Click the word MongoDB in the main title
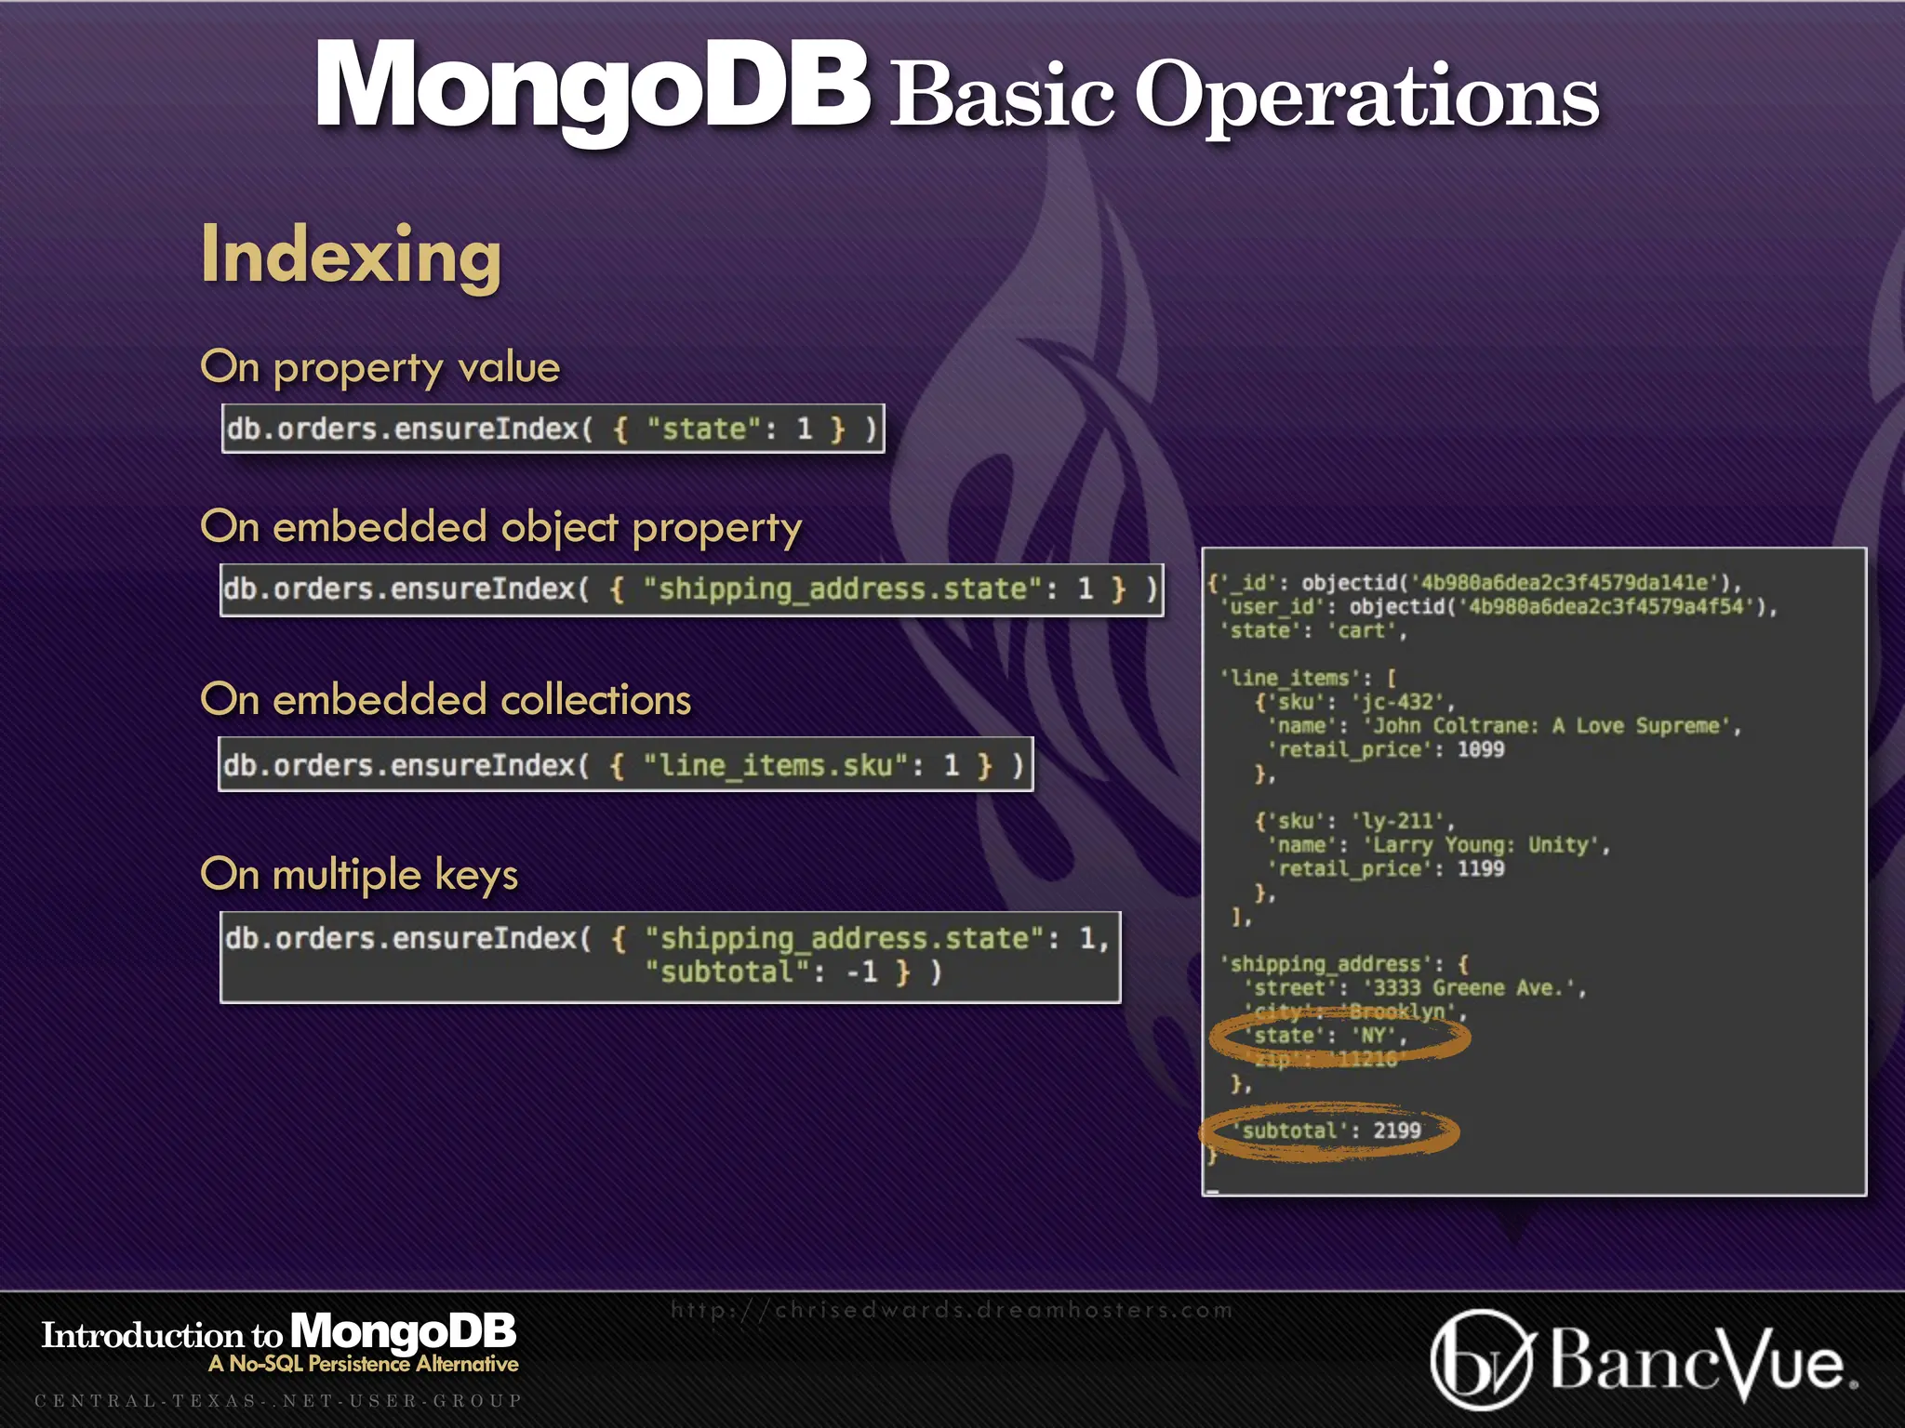point(592,86)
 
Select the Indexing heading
point(351,255)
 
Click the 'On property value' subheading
point(380,367)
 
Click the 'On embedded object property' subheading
point(500,527)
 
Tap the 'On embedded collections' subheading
point(446,700)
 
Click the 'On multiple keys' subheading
point(359,875)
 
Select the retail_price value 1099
point(1480,749)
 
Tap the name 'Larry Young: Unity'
point(1485,845)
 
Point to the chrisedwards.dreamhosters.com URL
point(952,1310)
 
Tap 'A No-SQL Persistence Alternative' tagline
point(364,1364)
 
